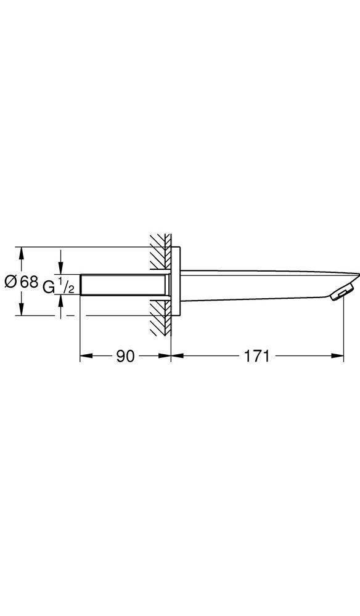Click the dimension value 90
(126, 356)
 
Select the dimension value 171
(257, 356)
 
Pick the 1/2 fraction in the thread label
(67, 285)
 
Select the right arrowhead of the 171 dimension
(338, 356)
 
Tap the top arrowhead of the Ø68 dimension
(22, 252)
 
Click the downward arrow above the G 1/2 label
(60, 269)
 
